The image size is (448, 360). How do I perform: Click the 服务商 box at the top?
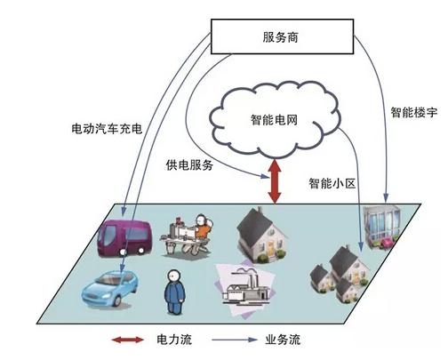coord(282,36)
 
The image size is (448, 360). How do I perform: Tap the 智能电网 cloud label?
coord(274,120)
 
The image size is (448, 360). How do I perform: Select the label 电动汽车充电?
coord(107,129)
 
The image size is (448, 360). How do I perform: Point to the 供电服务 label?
coord(189,165)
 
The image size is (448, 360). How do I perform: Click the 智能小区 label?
coord(332,183)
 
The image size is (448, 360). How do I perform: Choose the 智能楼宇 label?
coord(413,112)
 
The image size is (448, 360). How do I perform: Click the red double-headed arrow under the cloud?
coord(275,181)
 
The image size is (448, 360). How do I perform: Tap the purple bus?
coord(124,237)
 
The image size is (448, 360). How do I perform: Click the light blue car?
coord(110,288)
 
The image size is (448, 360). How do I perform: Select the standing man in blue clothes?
coord(174,292)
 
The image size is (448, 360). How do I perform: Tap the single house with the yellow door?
coord(261,236)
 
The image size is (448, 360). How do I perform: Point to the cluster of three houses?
coord(340,273)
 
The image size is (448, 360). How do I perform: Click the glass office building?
coord(381,227)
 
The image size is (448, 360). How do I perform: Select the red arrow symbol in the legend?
coord(128,340)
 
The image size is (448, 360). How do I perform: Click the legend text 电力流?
coord(174,340)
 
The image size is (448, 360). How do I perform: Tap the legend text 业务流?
coord(283,340)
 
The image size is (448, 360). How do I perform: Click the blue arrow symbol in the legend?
coord(235,340)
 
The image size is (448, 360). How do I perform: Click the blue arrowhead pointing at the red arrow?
coord(265,176)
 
